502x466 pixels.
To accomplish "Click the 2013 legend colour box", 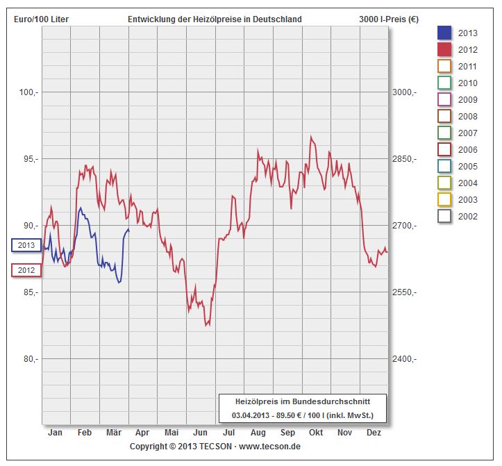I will [x=445, y=33].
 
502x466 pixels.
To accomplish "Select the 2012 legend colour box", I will [x=445, y=49].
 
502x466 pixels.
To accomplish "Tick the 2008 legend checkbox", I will [x=445, y=116].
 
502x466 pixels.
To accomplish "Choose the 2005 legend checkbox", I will [x=445, y=166].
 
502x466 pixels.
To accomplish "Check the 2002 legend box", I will [x=445, y=216].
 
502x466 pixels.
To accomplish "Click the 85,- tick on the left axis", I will [x=28, y=292].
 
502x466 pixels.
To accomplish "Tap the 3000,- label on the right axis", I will [x=404, y=92].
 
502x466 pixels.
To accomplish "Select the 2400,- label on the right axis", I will [x=404, y=359].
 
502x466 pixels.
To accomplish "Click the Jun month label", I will [x=200, y=433].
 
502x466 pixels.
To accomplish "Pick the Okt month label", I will [x=316, y=433].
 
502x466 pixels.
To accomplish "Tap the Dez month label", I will [x=374, y=433].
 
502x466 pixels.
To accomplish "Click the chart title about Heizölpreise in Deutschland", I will [x=215, y=19].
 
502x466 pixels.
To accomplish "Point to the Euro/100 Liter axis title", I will [x=41, y=19].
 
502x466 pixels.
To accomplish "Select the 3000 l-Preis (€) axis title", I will [x=390, y=19].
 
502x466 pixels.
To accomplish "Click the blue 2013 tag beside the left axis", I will [x=26, y=245].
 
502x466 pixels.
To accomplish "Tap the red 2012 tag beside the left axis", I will [x=26, y=270].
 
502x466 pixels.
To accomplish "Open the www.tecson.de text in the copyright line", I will [x=270, y=447].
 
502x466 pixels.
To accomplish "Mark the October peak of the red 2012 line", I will [x=311, y=137].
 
